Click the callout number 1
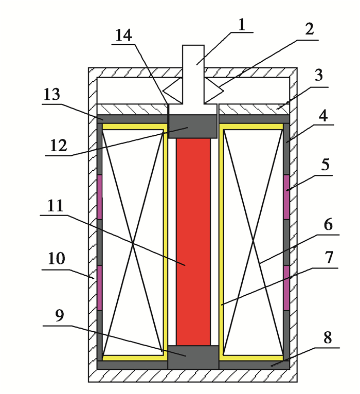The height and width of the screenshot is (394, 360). pyautogui.click(x=242, y=25)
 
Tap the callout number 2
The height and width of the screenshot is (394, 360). pyautogui.click(x=310, y=29)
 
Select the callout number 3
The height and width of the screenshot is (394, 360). pyautogui.click(x=318, y=75)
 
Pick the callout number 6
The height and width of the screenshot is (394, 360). pyautogui.click(x=328, y=224)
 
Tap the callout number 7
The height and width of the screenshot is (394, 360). pyautogui.click(x=329, y=257)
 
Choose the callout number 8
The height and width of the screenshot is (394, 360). pyautogui.click(x=327, y=337)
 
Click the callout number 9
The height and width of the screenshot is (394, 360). pyautogui.click(x=60, y=315)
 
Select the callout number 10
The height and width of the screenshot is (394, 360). pyautogui.click(x=56, y=258)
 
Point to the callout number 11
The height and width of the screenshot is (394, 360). pyautogui.click(x=55, y=206)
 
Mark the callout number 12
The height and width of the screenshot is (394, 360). pyautogui.click(x=59, y=146)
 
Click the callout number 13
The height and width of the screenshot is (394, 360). pyautogui.click(x=52, y=95)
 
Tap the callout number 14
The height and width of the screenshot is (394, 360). pyautogui.click(x=123, y=35)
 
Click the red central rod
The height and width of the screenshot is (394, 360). pyautogui.click(x=193, y=242)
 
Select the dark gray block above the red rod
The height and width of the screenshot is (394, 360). pyautogui.click(x=193, y=127)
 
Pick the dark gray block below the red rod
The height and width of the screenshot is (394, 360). pyautogui.click(x=193, y=357)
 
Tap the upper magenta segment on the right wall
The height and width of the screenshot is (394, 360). pyautogui.click(x=286, y=197)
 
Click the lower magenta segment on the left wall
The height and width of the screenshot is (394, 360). pyautogui.click(x=99, y=288)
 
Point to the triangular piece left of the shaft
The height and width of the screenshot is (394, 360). pyautogui.click(x=173, y=91)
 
